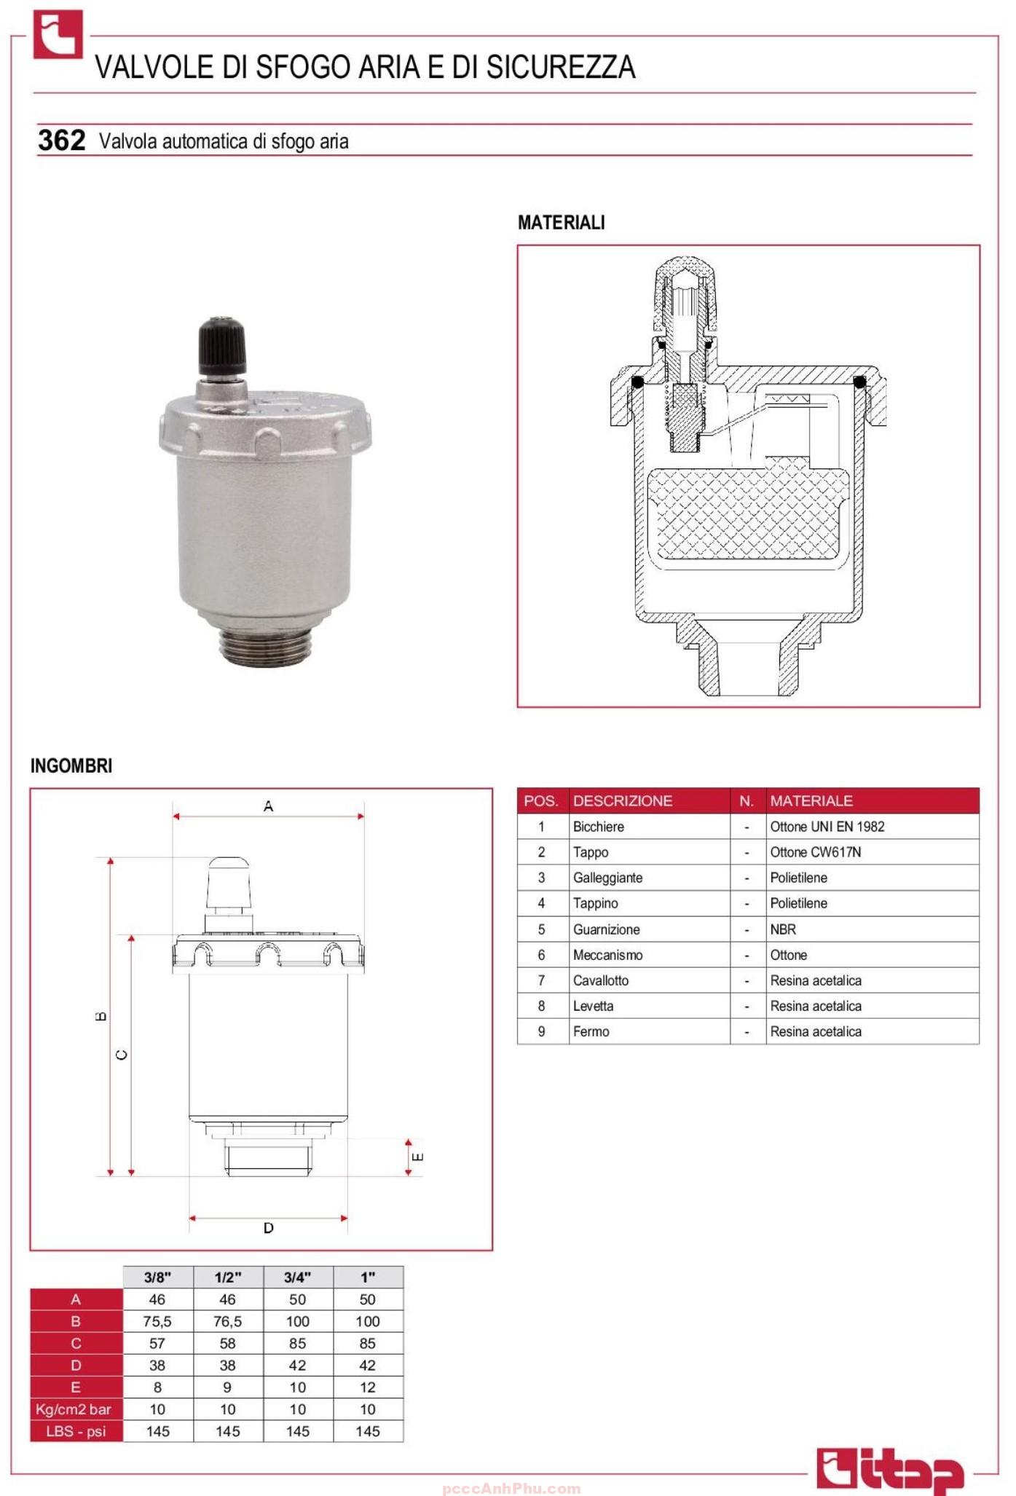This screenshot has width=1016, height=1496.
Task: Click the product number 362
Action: coord(61,140)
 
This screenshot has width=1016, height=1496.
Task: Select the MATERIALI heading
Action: coord(561,223)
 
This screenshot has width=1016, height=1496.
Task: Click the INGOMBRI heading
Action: coord(71,765)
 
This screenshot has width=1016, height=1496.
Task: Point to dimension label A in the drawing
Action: coord(268,806)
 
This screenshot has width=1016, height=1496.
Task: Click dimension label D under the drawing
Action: coord(268,1228)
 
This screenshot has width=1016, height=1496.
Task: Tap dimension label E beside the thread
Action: coord(417,1157)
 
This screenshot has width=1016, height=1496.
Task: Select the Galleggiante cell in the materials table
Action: coord(607,878)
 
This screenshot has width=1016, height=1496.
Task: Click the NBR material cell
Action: coord(783,929)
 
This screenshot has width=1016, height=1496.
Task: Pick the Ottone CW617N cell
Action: coord(815,852)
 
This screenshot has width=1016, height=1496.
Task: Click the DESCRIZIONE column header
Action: coord(622,800)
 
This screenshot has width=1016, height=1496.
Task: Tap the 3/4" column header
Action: coord(297,1277)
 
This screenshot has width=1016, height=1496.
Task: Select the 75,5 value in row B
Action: coord(157,1321)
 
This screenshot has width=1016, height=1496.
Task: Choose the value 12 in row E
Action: coord(367,1387)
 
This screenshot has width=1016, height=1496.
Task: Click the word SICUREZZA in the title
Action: coord(561,67)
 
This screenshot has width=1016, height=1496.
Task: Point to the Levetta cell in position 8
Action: coord(593,1006)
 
